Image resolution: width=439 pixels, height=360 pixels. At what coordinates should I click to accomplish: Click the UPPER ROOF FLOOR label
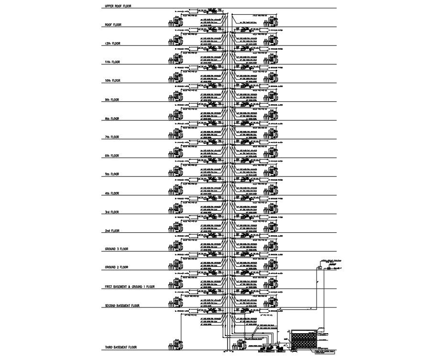[118, 6]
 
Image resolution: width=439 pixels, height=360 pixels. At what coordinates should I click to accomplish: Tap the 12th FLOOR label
[112, 44]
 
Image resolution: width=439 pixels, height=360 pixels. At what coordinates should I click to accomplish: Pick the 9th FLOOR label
[112, 100]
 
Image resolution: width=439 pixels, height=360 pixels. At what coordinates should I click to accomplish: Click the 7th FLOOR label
[112, 137]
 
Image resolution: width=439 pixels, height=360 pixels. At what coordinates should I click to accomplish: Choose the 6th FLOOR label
[112, 156]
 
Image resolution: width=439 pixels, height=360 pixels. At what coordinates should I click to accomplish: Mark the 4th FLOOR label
[112, 193]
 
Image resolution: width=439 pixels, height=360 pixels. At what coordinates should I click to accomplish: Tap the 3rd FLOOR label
[112, 212]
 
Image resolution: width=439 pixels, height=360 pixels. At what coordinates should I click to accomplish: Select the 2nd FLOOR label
[112, 231]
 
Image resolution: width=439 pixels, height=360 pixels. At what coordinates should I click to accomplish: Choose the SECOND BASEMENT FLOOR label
[122, 305]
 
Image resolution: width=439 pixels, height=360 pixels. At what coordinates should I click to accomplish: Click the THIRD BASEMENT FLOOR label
[121, 347]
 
